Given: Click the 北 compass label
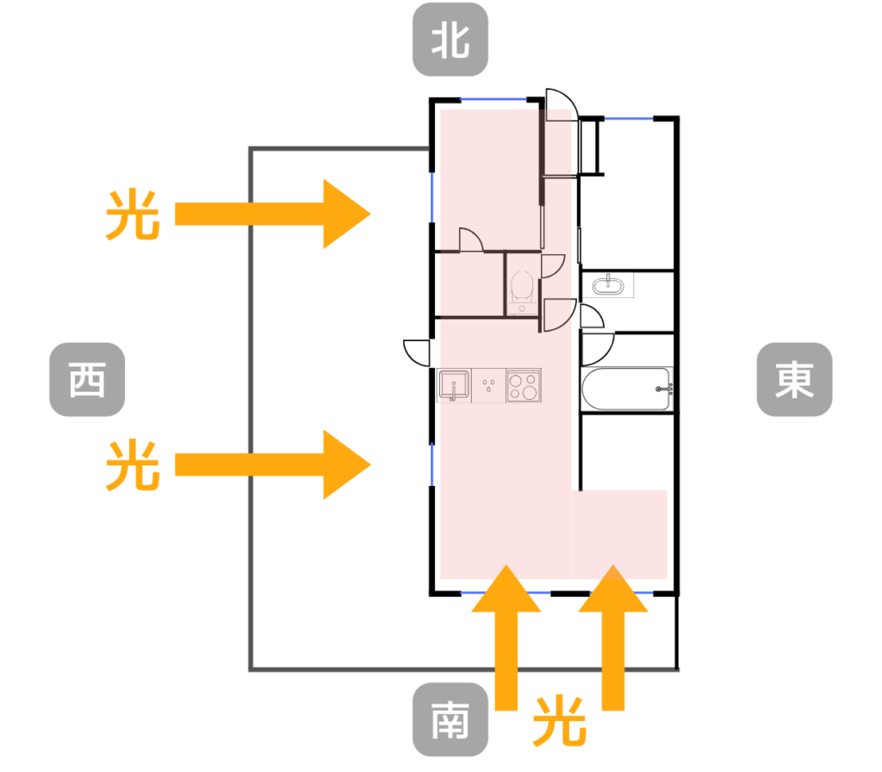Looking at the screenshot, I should pyautogui.click(x=450, y=41).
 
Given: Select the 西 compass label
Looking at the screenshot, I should pyautogui.click(x=87, y=380).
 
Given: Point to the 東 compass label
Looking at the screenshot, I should pyautogui.click(x=794, y=380).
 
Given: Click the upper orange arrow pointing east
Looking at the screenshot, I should pyautogui.click(x=272, y=215).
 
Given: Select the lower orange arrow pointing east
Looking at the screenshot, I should pyautogui.click(x=272, y=464).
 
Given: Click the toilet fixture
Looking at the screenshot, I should pyautogui.click(x=522, y=289).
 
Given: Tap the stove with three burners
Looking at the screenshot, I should pyautogui.click(x=523, y=385).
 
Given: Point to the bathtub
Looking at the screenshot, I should pyautogui.click(x=627, y=390).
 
